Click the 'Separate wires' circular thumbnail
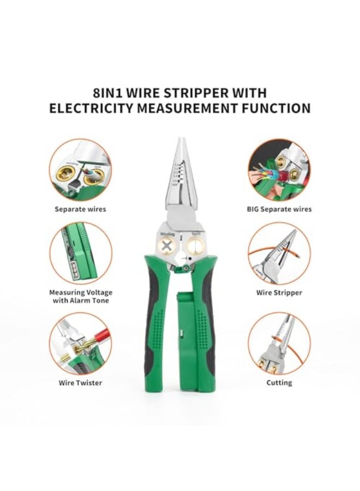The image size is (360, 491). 80,170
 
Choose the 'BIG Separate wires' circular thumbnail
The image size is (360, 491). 279,170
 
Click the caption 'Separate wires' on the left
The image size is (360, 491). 80,208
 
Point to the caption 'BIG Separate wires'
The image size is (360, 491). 279,208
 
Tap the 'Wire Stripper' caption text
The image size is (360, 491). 279,292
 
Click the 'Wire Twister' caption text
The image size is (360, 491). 80,382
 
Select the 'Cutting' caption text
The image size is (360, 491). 279,382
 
